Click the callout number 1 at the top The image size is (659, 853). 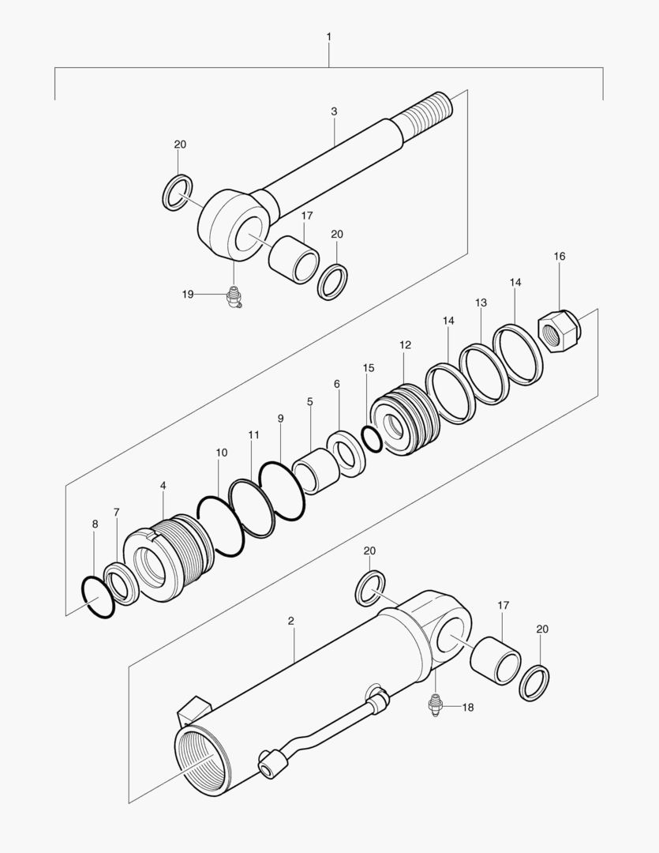328,37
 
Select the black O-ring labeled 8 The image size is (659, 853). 98,597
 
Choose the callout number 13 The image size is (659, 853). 481,302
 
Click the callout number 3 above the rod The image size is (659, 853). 334,112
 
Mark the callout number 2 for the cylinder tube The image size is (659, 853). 291,621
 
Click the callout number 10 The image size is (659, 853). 222,453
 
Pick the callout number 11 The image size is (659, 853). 253,434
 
